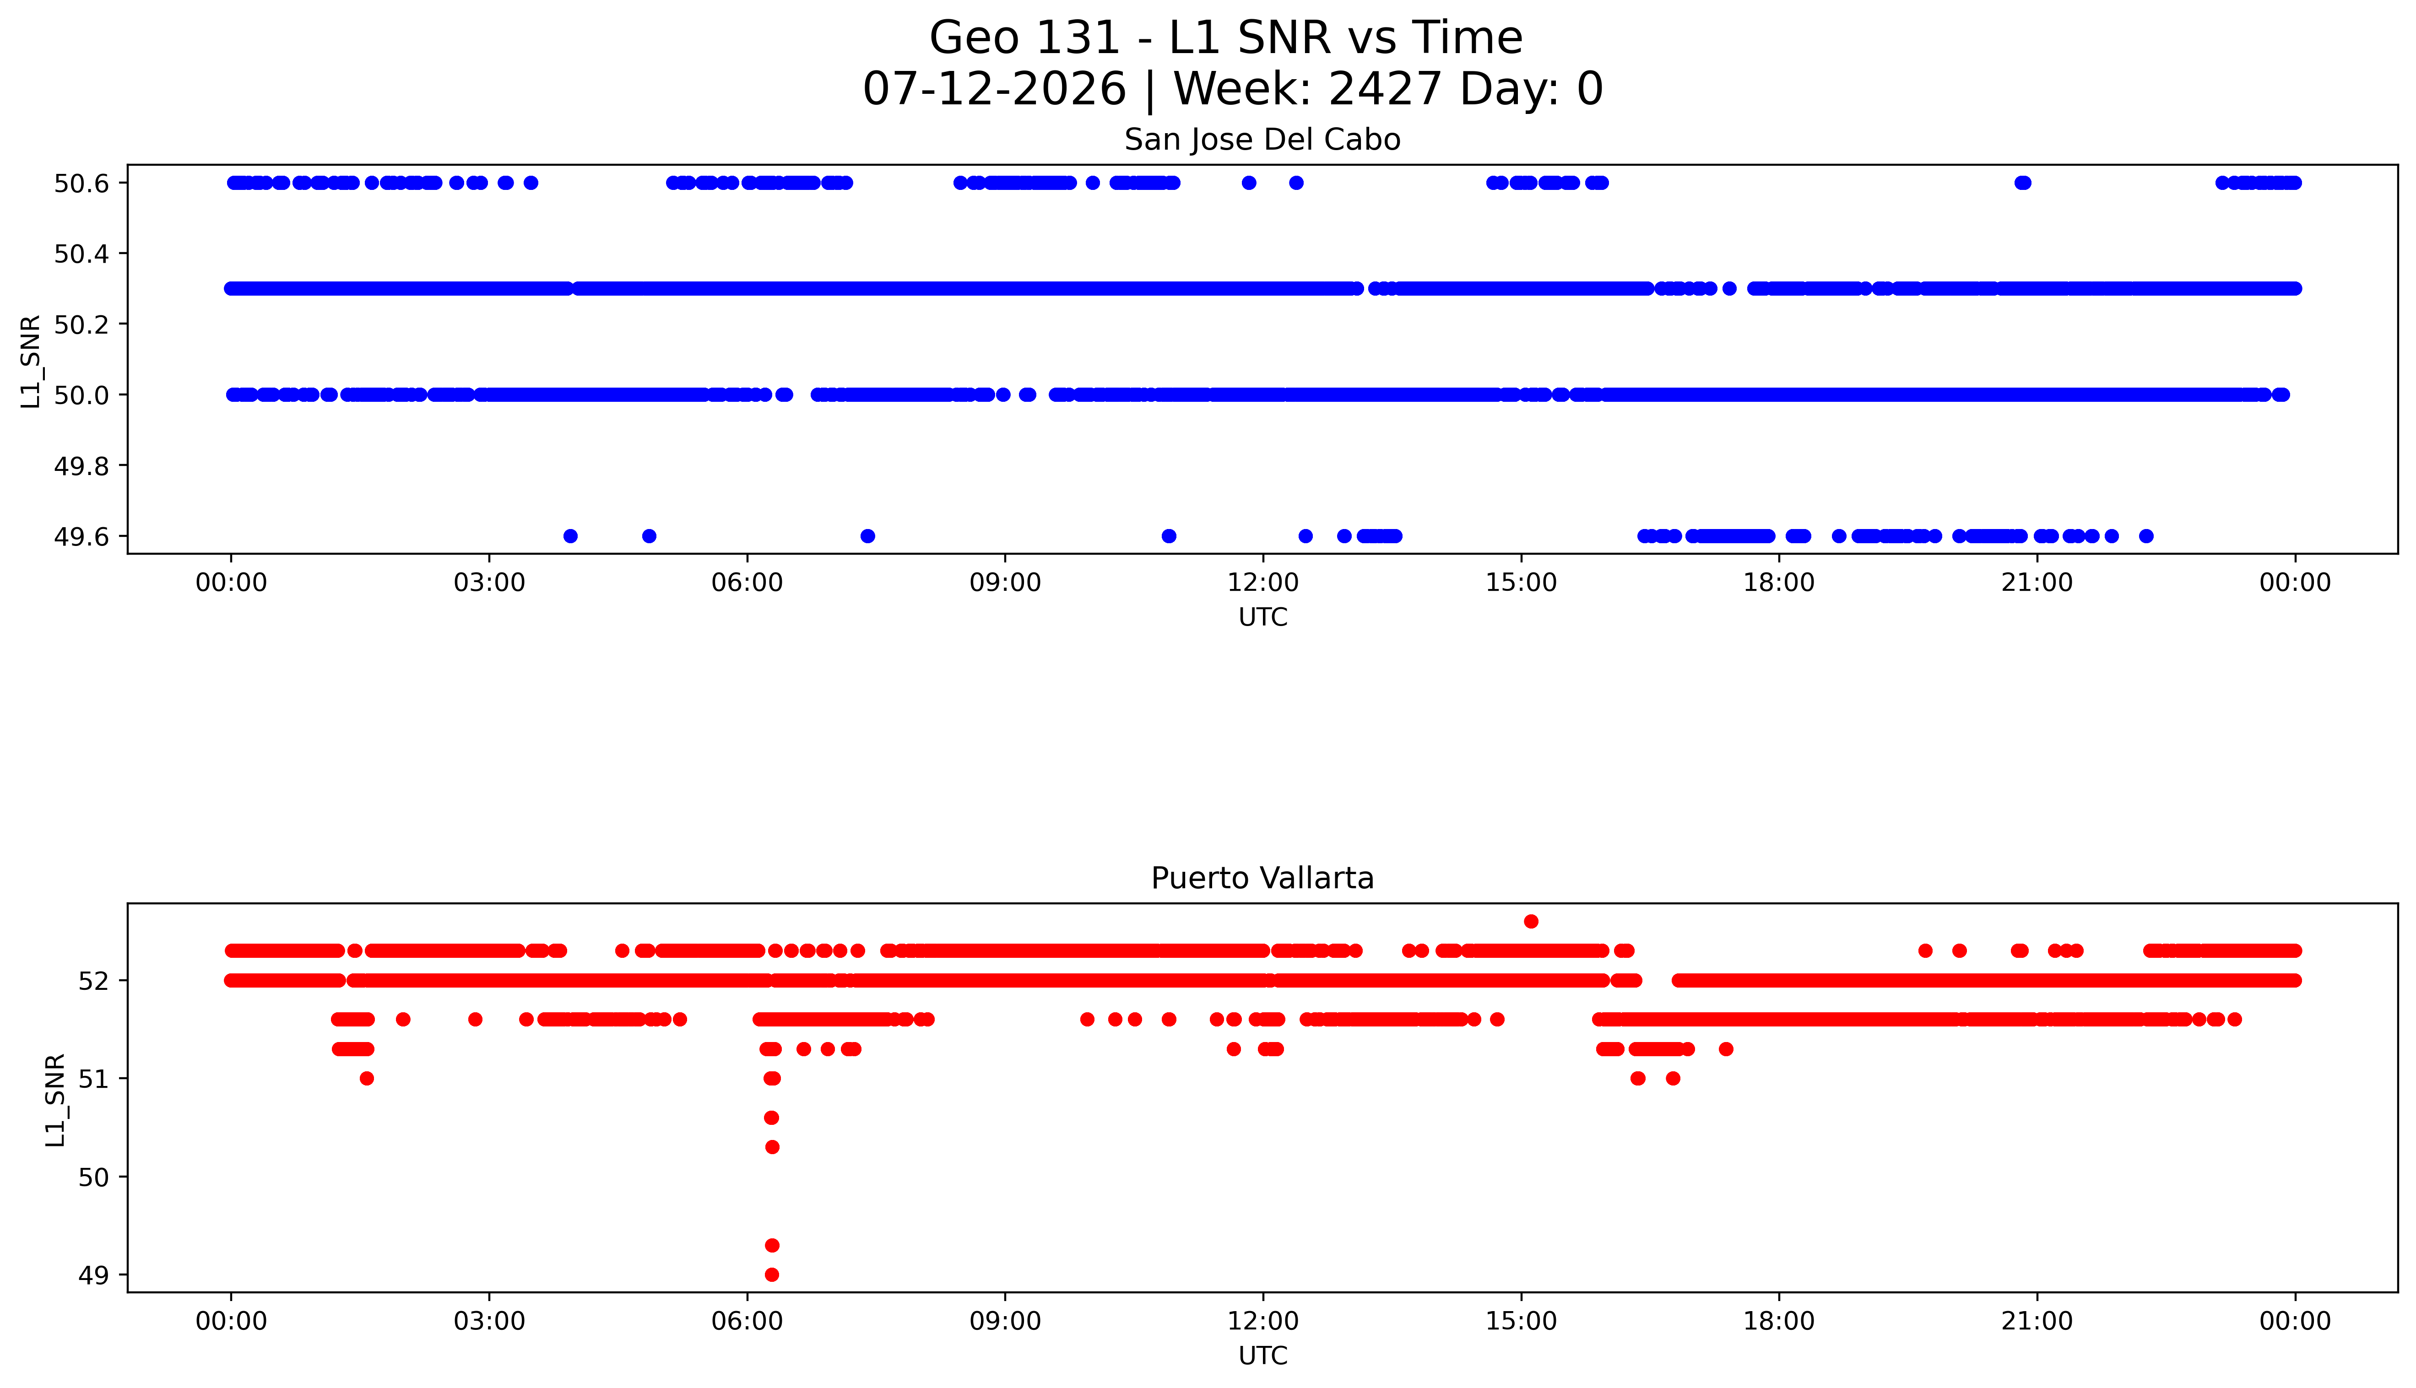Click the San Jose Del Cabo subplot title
point(1262,140)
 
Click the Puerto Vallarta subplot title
point(1262,878)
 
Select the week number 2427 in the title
point(1384,90)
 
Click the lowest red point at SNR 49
point(772,1275)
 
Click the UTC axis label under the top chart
point(1262,618)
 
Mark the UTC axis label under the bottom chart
point(1262,1356)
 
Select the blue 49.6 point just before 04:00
point(570,536)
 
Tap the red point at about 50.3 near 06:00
point(772,1147)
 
